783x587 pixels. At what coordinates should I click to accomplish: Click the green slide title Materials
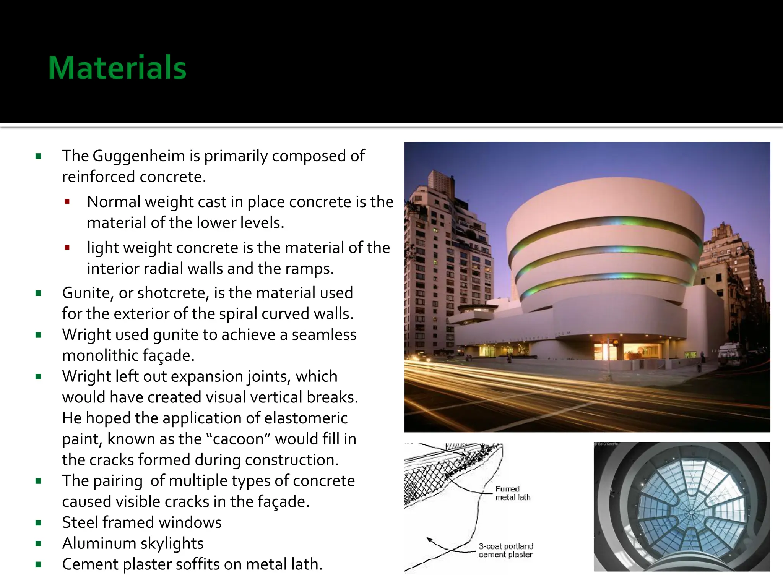point(117,68)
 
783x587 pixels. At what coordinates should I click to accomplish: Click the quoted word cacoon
point(239,439)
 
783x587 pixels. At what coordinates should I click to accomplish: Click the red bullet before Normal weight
point(67,202)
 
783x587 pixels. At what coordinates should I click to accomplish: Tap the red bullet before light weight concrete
point(67,248)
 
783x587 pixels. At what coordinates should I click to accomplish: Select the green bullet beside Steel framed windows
point(38,523)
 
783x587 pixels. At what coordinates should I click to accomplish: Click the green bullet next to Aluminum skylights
point(38,543)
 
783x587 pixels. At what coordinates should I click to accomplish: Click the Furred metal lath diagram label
point(513,493)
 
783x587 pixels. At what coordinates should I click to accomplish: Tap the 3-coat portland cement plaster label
point(505,550)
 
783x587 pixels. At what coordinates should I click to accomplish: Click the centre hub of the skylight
point(691,512)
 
